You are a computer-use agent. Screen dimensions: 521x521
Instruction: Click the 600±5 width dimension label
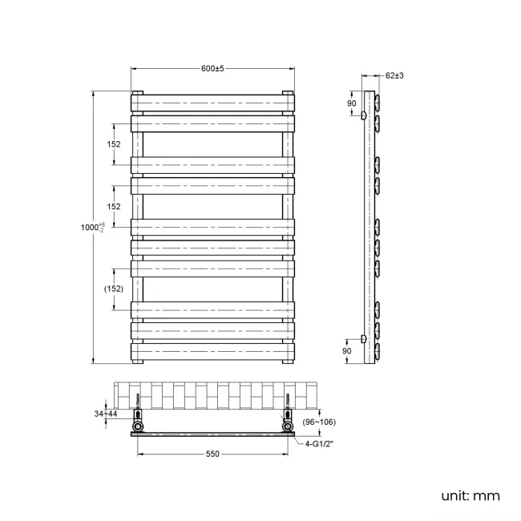pyautogui.click(x=212, y=68)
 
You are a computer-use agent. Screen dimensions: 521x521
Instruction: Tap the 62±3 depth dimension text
pyautogui.click(x=394, y=75)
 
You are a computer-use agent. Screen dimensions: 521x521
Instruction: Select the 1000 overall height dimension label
pyautogui.click(x=91, y=228)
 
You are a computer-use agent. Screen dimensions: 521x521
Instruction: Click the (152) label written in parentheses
pyautogui.click(x=113, y=289)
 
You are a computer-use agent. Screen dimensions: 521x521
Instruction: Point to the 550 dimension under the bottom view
pyautogui.click(x=212, y=454)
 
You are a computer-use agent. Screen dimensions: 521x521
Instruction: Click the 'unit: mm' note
pyautogui.click(x=470, y=495)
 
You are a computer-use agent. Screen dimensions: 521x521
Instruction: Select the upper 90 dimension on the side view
pyautogui.click(x=350, y=103)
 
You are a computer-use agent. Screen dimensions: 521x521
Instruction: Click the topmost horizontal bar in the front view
pyautogui.click(x=212, y=103)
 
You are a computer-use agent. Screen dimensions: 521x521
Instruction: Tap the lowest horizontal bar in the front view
pyautogui.click(x=212, y=351)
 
